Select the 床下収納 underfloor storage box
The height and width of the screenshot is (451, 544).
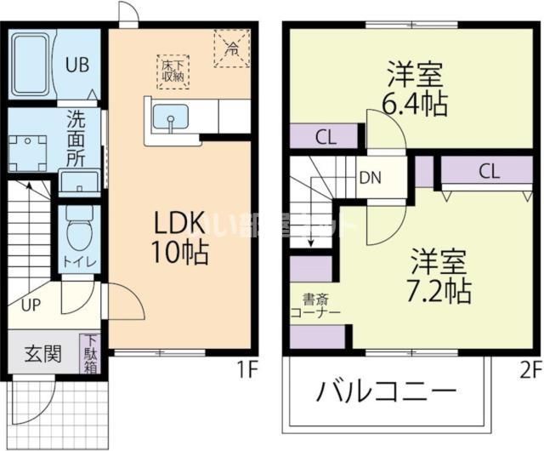point(173,71)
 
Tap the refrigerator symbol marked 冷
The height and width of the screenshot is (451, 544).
point(230,46)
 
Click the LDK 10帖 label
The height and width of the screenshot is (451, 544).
point(179,237)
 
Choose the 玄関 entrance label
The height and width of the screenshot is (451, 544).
point(41,353)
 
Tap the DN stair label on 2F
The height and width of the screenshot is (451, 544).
point(370,178)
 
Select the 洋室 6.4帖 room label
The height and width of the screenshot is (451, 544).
point(415,88)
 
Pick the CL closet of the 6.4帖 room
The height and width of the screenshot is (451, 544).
point(324,135)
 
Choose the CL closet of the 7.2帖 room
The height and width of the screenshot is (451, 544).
point(488,171)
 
